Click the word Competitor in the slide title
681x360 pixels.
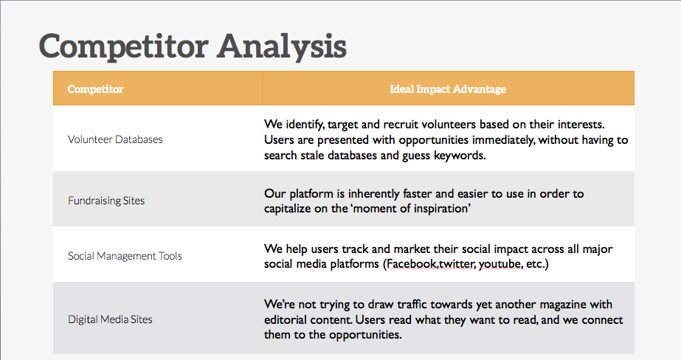[122, 46]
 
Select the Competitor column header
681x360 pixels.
[95, 89]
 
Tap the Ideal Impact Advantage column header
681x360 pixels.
[448, 89]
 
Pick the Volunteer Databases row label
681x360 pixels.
[115, 139]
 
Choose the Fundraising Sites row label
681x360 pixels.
[106, 200]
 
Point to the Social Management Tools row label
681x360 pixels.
[125, 256]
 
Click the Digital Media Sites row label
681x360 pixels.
[110, 319]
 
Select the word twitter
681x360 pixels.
[457, 263]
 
